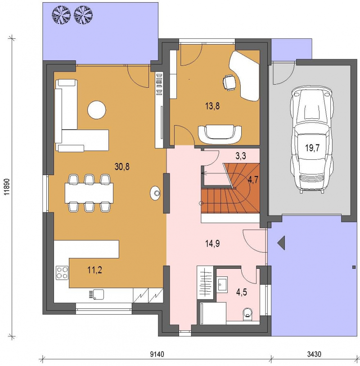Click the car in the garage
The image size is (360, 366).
coord(311,140)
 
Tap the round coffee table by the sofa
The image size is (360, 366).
coord(97,110)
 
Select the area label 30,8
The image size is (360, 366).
coord(122,167)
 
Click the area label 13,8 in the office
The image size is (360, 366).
coord(212,106)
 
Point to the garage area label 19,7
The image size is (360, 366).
coord(312,148)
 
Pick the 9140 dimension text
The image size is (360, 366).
coord(157,354)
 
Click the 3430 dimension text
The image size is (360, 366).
coord(314,354)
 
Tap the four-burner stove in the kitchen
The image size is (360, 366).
coord(62,273)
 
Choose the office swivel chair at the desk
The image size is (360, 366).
coord(229,82)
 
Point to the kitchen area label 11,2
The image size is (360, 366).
coord(94,270)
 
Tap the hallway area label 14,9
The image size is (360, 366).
coord(212,244)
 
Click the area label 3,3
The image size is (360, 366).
coord(241,156)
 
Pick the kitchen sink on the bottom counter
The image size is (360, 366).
coord(96,294)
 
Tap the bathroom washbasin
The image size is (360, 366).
coord(223,284)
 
